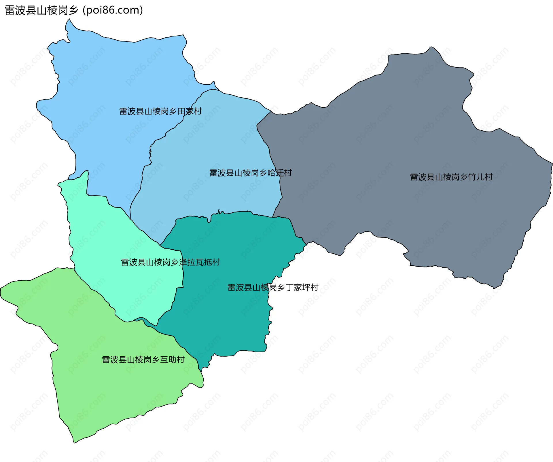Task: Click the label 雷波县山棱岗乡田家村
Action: coord(160,111)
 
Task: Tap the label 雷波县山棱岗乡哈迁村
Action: coord(251,173)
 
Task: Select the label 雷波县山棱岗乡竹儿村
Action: coord(451,177)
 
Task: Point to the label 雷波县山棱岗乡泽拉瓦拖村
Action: coord(171,262)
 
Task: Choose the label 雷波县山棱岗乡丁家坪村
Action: coord(273,288)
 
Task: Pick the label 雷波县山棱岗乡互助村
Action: coord(143,360)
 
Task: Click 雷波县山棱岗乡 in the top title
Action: coord(41,10)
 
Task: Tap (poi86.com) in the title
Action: coord(113,10)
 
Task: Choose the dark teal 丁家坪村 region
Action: coord(230,317)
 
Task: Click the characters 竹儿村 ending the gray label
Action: coord(480,177)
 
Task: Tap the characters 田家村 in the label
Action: coord(190,111)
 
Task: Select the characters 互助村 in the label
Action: coord(172,360)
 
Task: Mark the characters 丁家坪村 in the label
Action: coord(302,288)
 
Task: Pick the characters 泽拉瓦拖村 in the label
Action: coord(200,262)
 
